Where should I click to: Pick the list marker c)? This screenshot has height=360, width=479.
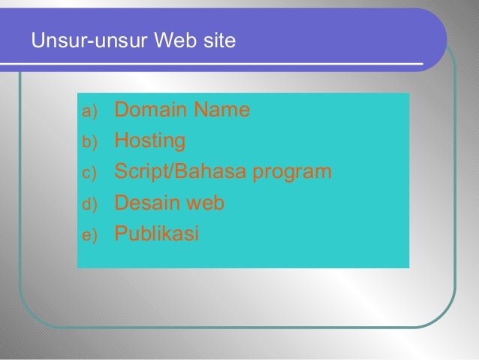click(89, 174)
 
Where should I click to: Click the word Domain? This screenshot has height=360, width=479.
click(152, 110)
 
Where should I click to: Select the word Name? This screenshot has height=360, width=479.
click(221, 110)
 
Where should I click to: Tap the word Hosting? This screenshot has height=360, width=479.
click(149, 141)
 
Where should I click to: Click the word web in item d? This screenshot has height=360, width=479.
click(204, 203)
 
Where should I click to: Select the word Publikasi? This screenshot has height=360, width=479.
click(156, 234)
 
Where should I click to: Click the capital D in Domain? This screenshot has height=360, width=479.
click(121, 110)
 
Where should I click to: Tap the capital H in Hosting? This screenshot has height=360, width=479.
click(121, 141)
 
